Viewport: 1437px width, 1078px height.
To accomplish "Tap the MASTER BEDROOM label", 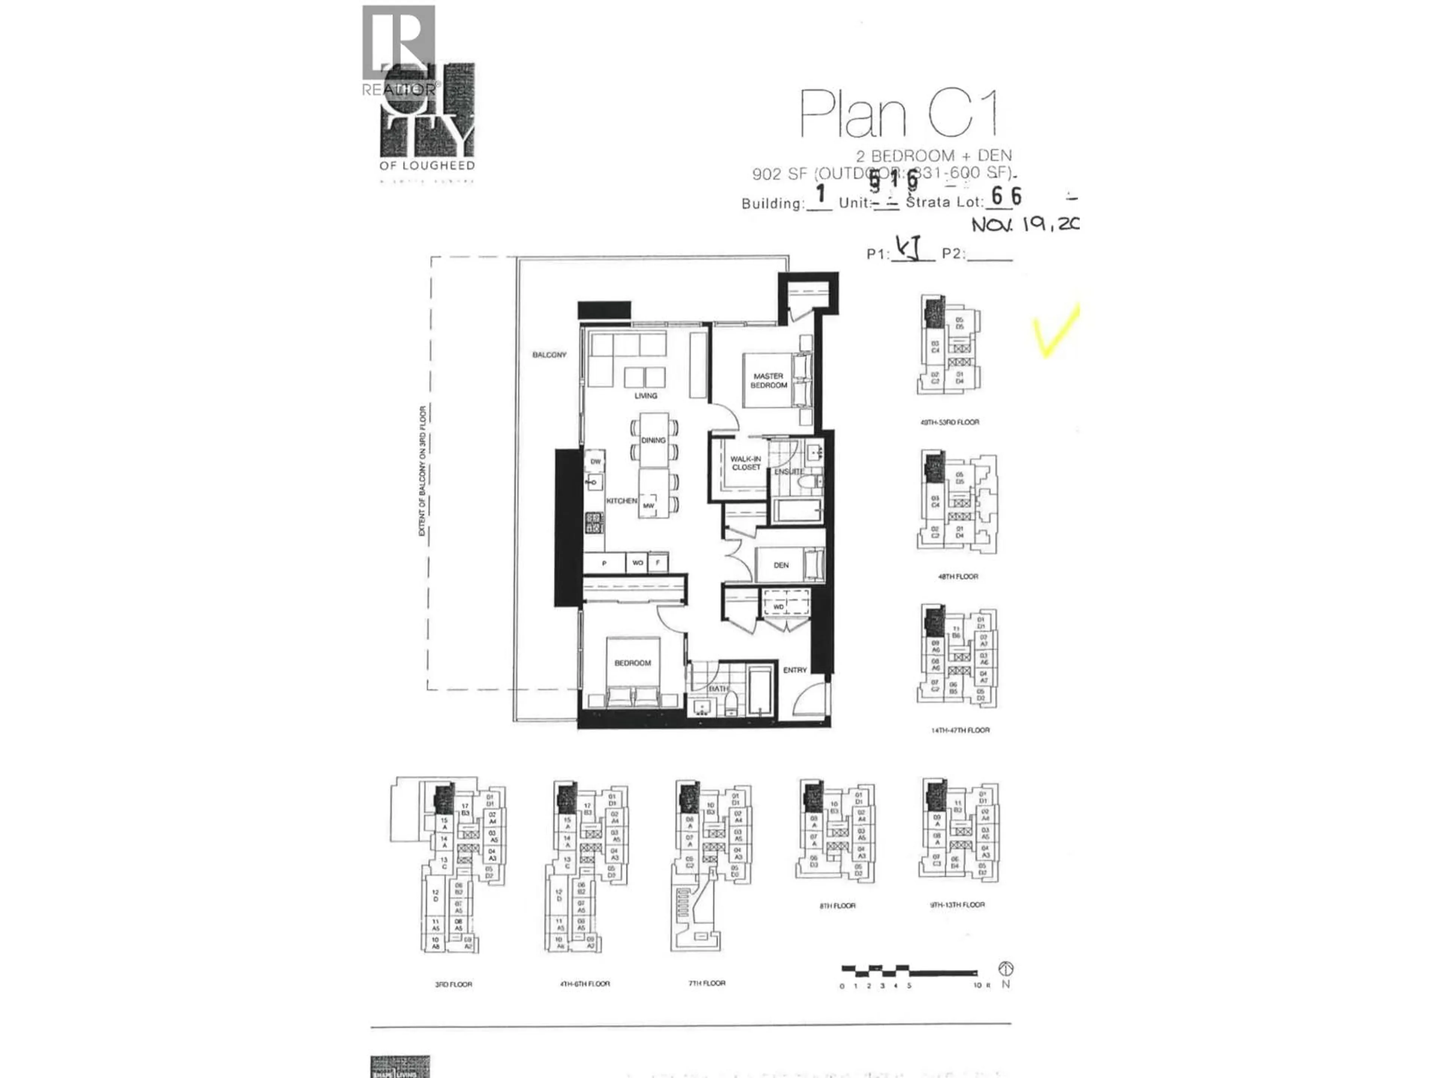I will (769, 381).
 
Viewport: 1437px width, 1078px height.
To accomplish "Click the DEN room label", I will (781, 565).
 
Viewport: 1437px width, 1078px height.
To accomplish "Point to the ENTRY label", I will (794, 670).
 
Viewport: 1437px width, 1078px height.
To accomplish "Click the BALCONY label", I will (549, 355).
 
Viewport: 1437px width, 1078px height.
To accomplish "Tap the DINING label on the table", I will (653, 440).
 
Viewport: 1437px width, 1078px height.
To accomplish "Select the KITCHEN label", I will (622, 500).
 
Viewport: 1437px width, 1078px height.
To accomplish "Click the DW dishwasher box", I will (595, 462).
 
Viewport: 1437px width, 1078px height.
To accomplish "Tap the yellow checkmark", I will (1056, 331).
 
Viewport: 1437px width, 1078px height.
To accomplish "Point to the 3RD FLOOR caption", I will (454, 984).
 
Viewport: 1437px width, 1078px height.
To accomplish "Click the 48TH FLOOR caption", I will (958, 576).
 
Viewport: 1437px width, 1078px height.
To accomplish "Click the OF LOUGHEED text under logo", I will (427, 166).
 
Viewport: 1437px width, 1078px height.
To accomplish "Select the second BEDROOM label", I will (632, 663).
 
